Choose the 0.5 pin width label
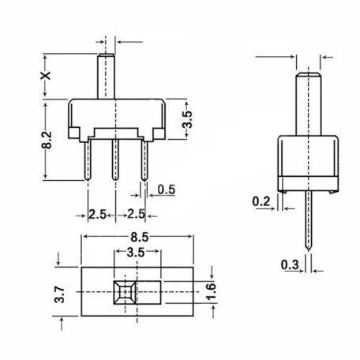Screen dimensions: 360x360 click(x=167, y=189)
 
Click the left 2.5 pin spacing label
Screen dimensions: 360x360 click(x=98, y=214)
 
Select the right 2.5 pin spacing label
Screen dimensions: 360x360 click(x=137, y=214)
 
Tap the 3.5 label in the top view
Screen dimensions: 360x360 click(x=135, y=254)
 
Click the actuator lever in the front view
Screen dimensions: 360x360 click(x=106, y=75)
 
